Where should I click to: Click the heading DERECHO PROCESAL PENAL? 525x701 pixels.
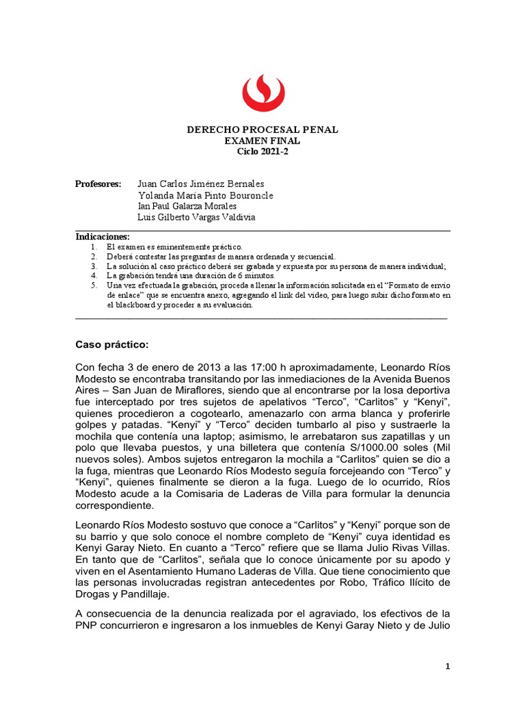tap(262, 130)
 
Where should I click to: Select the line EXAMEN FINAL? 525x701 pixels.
tap(262, 141)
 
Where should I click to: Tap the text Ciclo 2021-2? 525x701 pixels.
tap(262, 152)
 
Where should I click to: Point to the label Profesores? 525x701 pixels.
tap(98, 184)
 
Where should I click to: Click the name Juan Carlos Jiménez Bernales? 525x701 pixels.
tap(201, 184)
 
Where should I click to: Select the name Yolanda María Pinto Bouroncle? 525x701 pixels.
tap(205, 195)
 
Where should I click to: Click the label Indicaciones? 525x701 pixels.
tap(103, 236)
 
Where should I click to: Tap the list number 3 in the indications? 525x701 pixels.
tap(94, 266)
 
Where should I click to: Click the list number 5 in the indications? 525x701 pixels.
tap(94, 285)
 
